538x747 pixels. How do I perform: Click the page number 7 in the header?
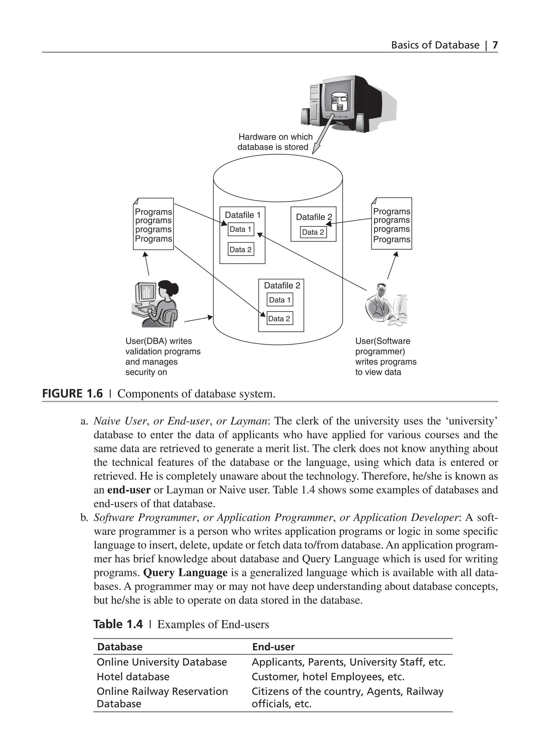[495, 45]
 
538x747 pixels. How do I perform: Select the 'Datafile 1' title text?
[242, 215]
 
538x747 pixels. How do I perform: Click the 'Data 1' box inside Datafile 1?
[241, 229]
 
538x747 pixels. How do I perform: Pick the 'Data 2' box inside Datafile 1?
[241, 250]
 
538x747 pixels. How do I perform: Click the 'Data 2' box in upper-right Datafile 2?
[313, 232]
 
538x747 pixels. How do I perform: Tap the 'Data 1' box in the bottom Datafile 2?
[280, 300]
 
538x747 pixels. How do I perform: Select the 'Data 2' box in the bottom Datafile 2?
[279, 318]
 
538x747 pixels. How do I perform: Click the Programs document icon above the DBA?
[153, 224]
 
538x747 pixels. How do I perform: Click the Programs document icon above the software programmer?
[391, 224]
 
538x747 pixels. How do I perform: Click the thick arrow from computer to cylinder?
[323, 135]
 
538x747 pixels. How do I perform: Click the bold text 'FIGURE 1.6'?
[73, 394]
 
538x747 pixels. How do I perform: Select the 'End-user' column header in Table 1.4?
[273, 647]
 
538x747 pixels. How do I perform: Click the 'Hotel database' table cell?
[133, 677]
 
